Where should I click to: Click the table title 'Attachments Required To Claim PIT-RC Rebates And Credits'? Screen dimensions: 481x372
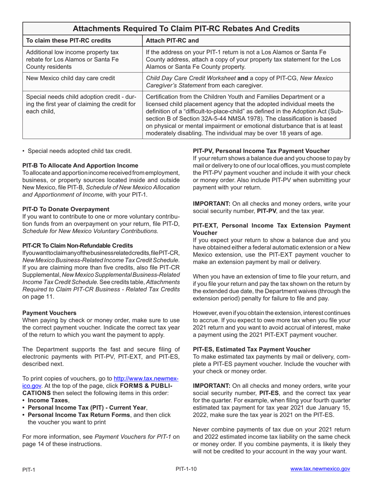(186, 29)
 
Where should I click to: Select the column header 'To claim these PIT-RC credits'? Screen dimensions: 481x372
(68, 41)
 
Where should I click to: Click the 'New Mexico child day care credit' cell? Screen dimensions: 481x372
(70, 78)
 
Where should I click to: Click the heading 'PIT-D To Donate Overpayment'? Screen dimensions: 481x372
(66, 209)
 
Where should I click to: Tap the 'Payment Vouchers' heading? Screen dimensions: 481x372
(49, 313)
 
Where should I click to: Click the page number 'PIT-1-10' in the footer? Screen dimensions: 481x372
(186, 468)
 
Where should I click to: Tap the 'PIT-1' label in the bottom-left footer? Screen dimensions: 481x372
(29, 470)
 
